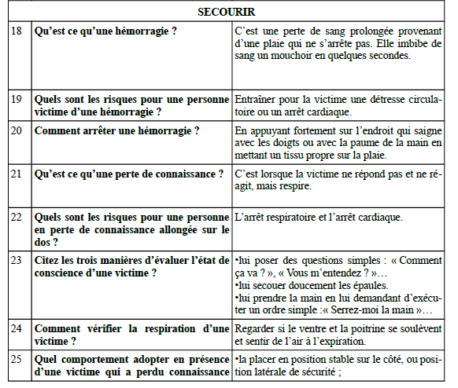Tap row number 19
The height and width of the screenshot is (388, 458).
coord(20,100)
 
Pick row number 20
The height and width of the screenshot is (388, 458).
coord(20,130)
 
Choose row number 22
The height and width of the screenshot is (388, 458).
coord(20,217)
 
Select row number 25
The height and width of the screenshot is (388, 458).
coord(20,358)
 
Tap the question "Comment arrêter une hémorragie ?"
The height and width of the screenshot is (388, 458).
coord(117,130)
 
